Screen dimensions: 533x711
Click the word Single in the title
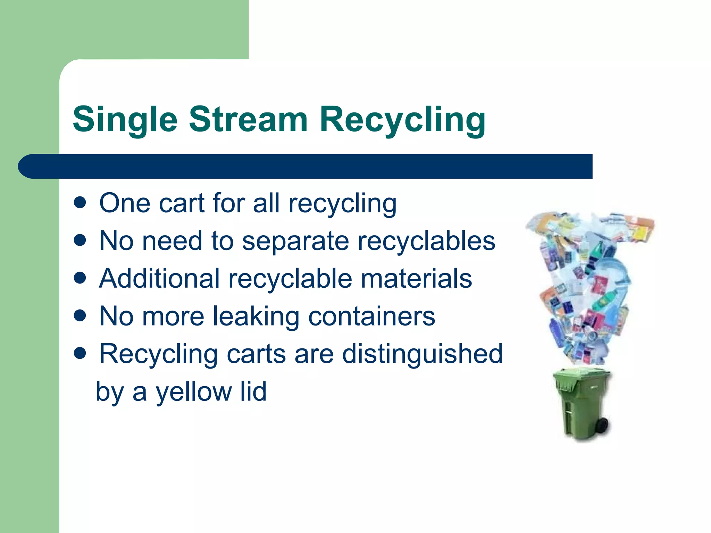pyautogui.click(x=125, y=120)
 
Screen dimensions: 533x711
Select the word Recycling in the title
pyautogui.click(x=402, y=120)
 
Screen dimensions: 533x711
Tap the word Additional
pyautogui.click(x=159, y=278)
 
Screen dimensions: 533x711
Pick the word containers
pyautogui.click(x=371, y=316)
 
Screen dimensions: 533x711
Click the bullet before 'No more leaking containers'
pyautogui.click(x=80, y=316)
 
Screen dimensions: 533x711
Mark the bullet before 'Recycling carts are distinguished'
pyautogui.click(x=80, y=354)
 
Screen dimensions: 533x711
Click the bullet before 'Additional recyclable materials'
pyautogui.click(x=80, y=278)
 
